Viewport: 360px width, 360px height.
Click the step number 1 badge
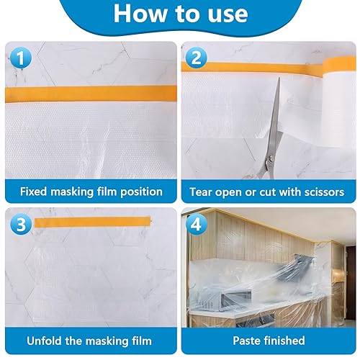(x=21, y=58)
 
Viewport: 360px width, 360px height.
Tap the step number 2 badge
(x=196, y=58)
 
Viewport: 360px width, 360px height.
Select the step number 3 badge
(x=21, y=225)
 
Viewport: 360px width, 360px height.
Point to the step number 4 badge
(x=197, y=225)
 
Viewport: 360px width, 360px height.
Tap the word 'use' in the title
(x=228, y=15)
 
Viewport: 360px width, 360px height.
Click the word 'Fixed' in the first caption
(x=33, y=192)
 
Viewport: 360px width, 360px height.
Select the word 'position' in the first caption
(x=141, y=192)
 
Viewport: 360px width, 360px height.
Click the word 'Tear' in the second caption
(x=201, y=192)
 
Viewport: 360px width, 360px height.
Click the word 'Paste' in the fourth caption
(x=246, y=341)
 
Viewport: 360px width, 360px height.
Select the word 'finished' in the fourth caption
(x=284, y=341)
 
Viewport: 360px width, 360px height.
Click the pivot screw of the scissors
(x=271, y=158)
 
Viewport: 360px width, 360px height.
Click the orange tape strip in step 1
(x=91, y=94)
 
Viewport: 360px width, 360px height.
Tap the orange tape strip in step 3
(x=93, y=222)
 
